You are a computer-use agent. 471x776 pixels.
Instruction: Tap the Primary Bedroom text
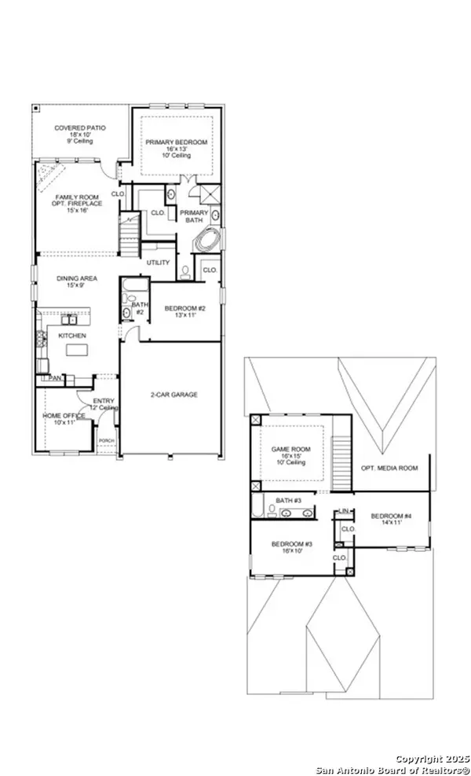[177, 142]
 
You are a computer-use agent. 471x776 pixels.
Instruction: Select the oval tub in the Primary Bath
[210, 240]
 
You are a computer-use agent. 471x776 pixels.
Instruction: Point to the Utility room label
[158, 263]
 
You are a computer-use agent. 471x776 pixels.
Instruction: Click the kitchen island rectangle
[75, 349]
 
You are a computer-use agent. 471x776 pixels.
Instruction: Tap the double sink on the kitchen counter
[69, 319]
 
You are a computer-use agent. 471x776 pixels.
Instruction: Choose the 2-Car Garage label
[173, 394]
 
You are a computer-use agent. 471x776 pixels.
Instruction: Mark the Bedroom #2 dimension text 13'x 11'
[184, 316]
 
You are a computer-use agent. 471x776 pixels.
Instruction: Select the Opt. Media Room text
[389, 468]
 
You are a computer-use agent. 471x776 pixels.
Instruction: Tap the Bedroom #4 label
[390, 516]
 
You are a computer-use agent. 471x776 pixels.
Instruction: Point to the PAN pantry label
[55, 378]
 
